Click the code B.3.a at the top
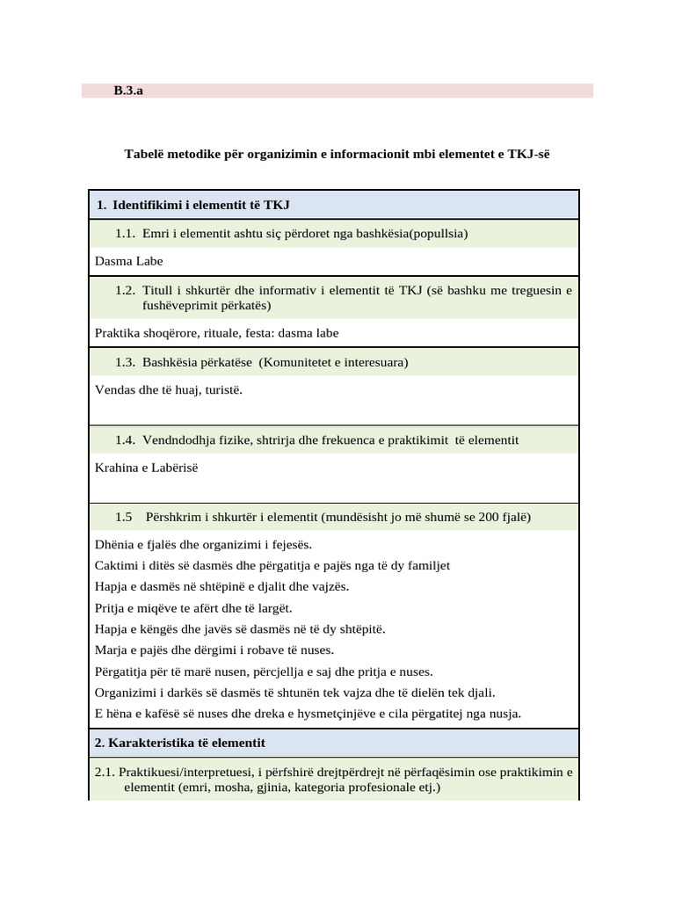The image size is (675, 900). point(128,91)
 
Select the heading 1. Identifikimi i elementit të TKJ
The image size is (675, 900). point(193,205)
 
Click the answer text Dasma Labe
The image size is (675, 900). point(128,261)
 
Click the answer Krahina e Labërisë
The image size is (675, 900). point(146,467)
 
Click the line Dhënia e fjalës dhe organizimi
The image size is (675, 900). point(203,545)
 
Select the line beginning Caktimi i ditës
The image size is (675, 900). point(272,566)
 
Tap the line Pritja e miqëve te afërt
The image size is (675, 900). point(192,608)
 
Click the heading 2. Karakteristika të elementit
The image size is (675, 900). point(179,743)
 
